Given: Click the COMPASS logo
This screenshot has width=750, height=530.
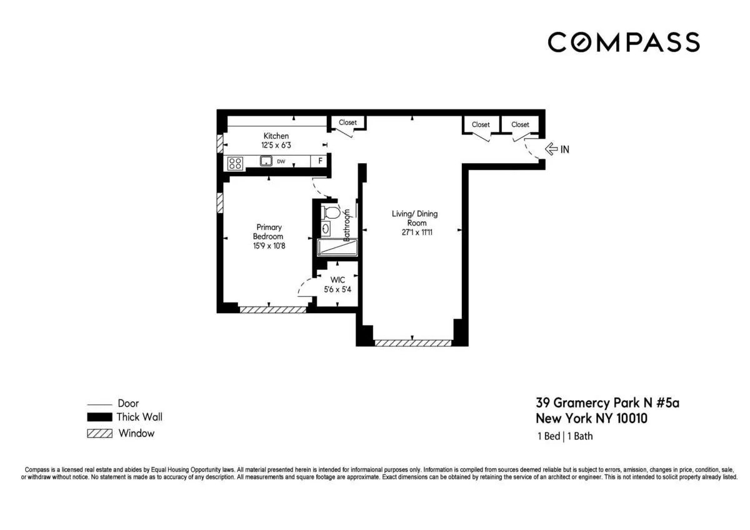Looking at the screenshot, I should (x=623, y=42).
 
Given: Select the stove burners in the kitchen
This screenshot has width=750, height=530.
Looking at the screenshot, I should (x=235, y=162).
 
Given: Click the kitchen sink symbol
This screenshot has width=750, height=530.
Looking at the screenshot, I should (x=266, y=162).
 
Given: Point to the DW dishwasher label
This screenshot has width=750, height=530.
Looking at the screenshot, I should (x=282, y=162).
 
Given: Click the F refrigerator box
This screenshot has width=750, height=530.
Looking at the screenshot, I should (x=320, y=161).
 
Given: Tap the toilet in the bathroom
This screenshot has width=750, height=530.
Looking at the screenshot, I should (x=331, y=213).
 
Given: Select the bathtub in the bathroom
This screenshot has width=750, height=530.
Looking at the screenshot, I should (x=337, y=247).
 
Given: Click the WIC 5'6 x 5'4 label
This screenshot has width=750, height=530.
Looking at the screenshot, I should (x=337, y=285).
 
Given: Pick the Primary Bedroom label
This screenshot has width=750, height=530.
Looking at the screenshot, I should (x=268, y=232).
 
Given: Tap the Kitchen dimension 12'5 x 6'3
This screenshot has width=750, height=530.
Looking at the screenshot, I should (x=276, y=145).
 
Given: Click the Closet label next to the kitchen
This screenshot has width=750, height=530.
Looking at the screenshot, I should (x=347, y=122).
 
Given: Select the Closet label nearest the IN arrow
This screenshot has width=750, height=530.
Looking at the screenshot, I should (x=520, y=124).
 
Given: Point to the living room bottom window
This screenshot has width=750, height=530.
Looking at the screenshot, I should (x=412, y=342).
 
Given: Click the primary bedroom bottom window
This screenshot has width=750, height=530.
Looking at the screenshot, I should (x=272, y=309).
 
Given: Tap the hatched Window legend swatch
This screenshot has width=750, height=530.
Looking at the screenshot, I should (x=99, y=433).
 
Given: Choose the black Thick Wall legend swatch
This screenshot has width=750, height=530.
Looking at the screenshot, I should (x=99, y=417).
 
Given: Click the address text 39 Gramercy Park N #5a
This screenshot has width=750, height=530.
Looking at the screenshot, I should (x=607, y=403).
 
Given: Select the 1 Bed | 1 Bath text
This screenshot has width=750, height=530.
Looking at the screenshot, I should (x=564, y=436).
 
